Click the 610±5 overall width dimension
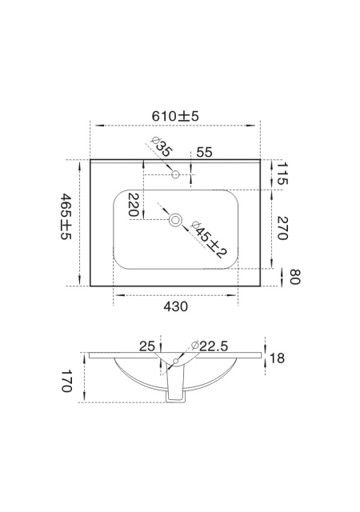coord(175,116)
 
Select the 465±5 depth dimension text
coord(66,216)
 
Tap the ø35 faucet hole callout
coord(161,146)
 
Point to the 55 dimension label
coord(205,152)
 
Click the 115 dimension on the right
coord(282,174)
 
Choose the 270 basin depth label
coord(282,228)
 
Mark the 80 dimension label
coord(295,277)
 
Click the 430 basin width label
coord(176,306)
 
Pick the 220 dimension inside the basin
coord(134,205)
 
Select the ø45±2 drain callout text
coord(209,239)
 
